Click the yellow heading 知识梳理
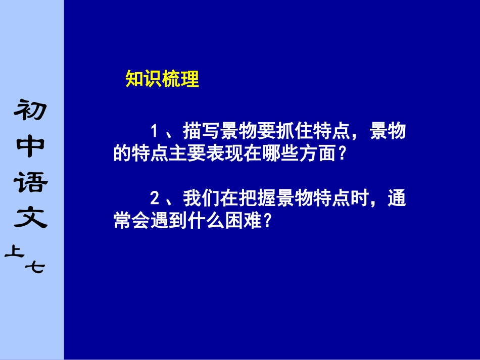click(x=162, y=79)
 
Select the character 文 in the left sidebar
click(x=31, y=218)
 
